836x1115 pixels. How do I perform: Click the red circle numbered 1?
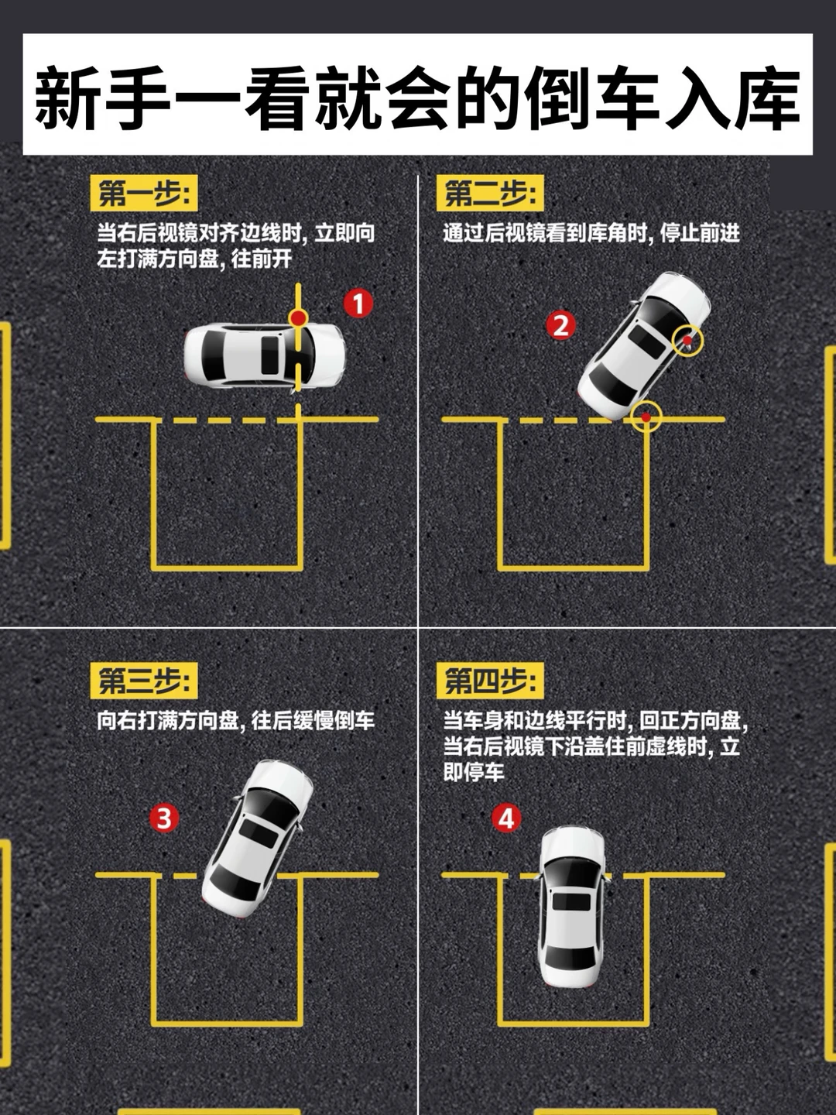tap(358, 304)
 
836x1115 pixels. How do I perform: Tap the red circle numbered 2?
tap(561, 326)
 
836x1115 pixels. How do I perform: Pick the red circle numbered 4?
tap(506, 818)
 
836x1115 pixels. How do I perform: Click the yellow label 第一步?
tap(144, 193)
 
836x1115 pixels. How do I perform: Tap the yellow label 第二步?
tap(490, 193)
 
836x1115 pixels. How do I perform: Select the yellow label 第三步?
tap(144, 680)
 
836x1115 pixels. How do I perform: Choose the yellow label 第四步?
tap(490, 680)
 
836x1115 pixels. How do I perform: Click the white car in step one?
tap(265, 356)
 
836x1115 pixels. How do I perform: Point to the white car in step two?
tap(643, 345)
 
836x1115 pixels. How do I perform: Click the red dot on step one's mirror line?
tap(298, 318)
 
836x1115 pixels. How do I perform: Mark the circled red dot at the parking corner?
tap(646, 417)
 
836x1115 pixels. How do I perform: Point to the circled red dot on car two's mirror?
tap(687, 340)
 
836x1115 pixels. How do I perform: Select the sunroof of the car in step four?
tap(571, 901)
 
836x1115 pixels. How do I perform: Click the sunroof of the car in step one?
tap(269, 355)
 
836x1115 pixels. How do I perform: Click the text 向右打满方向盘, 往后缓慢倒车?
tap(236, 721)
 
